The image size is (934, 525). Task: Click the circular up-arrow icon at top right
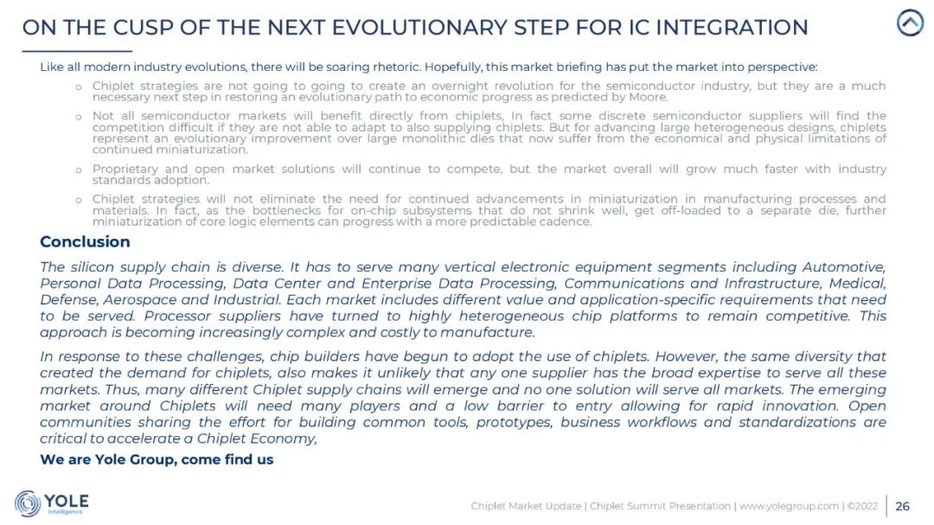[910, 23]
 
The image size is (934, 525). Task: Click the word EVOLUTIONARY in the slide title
[419, 28]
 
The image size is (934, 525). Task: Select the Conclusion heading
[85, 241]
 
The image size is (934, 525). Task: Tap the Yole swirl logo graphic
[28, 503]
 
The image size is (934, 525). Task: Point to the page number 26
[902, 506]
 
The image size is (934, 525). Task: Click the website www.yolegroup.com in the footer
[789, 506]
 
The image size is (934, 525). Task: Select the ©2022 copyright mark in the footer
[862, 506]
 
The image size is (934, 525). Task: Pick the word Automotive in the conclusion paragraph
[844, 267]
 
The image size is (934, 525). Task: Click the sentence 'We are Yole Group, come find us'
[157, 459]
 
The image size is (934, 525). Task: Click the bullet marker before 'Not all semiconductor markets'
[78, 117]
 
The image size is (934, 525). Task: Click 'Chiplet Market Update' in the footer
[526, 506]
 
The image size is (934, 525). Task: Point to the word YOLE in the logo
[67, 501]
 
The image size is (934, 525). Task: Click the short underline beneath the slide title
[77, 51]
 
